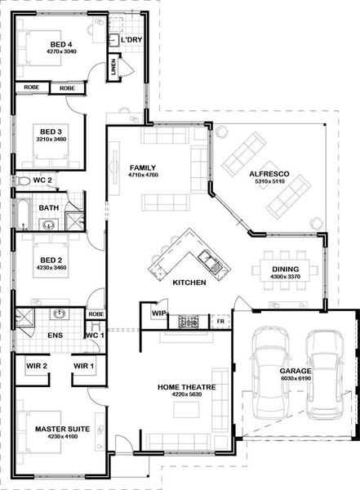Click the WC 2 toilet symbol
point(23,180)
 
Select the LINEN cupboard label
point(113,67)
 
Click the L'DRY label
point(131,40)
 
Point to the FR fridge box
point(220,321)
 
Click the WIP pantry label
point(158,313)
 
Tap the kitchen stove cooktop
point(188,322)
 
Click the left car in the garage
point(269,373)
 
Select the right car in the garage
point(325,375)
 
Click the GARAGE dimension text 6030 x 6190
point(296,378)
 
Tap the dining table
point(285,270)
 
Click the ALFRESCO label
point(269,174)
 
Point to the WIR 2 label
point(37,366)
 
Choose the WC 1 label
point(95,336)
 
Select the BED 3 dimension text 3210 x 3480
point(51,139)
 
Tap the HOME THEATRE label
point(187,387)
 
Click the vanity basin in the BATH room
point(49,225)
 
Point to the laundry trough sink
point(113,40)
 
